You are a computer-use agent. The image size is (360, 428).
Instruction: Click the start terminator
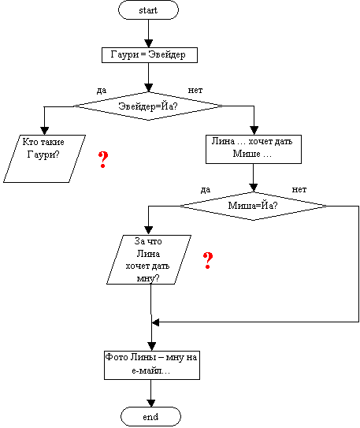coord(148,10)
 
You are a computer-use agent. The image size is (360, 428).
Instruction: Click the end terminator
coord(150,416)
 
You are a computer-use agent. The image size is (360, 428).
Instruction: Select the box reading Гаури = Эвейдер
coord(150,55)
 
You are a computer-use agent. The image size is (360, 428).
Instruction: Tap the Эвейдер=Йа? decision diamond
coord(148,106)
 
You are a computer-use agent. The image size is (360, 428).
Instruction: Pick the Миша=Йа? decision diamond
coord(254,206)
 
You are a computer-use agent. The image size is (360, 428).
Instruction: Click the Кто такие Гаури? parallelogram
coord(44,158)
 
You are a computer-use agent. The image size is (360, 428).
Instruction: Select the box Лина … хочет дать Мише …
coord(254,149)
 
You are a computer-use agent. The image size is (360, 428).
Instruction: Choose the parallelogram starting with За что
coord(149,259)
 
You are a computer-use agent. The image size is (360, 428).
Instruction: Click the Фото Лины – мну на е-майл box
coord(152,365)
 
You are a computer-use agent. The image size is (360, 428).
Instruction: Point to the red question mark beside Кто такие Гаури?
coord(103,159)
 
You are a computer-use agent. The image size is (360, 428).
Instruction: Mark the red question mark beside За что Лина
coord(208,260)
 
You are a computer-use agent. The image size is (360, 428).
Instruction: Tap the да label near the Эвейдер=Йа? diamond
coord(102,91)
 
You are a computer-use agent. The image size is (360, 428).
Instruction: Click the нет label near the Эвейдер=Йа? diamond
coord(195,90)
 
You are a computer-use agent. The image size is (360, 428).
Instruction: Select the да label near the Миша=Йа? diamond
coord(206,190)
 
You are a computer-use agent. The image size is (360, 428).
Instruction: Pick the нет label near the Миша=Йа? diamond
coord(299,189)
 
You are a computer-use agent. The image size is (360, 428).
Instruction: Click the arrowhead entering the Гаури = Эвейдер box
coord(148,43)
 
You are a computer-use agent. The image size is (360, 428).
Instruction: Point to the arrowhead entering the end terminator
coord(150,403)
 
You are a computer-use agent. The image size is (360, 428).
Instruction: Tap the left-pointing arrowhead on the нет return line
coord(155,322)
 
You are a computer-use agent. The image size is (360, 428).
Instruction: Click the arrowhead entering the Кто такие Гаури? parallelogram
coord(44,131)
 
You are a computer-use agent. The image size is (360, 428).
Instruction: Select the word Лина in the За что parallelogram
coord(148,254)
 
